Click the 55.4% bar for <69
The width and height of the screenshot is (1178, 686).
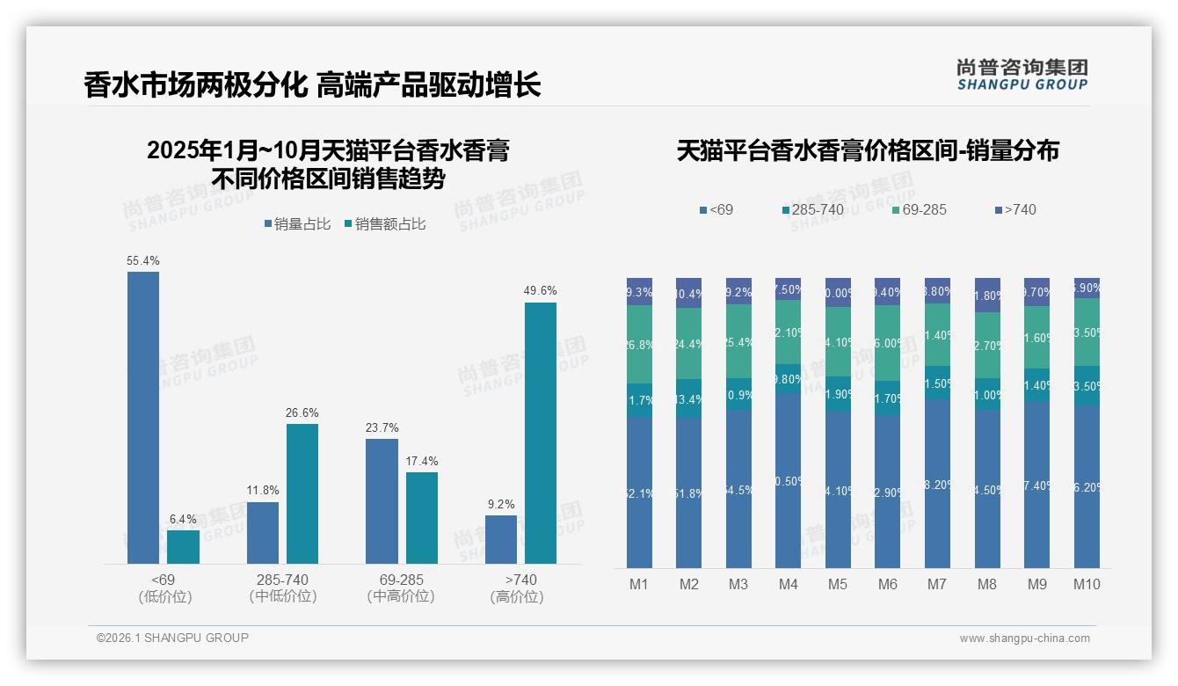pos(143,417)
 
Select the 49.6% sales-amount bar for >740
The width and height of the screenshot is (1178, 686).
pos(541,433)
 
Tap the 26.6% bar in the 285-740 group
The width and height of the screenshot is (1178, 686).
pos(302,493)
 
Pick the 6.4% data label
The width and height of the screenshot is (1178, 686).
pos(183,520)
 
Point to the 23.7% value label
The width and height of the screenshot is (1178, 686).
pos(382,428)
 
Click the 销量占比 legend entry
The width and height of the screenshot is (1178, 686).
pos(297,224)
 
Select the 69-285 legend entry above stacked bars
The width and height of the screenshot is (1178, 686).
pos(919,209)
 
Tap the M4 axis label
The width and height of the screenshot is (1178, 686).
pos(788,584)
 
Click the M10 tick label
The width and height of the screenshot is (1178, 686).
pos(1087,584)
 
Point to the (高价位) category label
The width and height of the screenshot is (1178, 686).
pos(516,596)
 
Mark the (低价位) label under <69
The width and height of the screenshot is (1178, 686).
pos(164,596)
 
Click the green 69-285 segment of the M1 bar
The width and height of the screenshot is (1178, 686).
pos(639,344)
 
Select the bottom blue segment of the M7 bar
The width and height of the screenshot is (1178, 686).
pos(937,484)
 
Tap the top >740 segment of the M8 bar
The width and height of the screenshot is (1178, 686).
pos(987,295)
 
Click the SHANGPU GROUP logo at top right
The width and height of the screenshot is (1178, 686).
pos(1022,75)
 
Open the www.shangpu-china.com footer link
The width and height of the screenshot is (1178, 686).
pos(1024,639)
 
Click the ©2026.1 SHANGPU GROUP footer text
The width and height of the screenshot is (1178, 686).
pos(172,638)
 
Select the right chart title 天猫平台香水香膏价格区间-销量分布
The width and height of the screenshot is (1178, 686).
pos(868,150)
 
